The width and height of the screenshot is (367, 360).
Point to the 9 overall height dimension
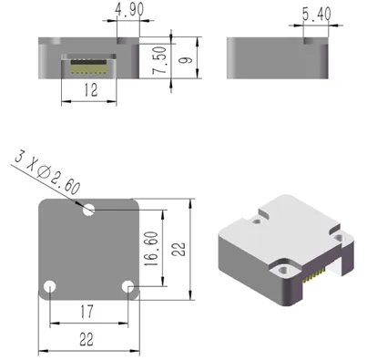click(x=186, y=62)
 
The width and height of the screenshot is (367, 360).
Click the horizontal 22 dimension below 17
click(x=88, y=339)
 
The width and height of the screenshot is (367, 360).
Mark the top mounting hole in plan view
click(x=89, y=210)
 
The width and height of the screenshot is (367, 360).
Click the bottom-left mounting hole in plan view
click(x=51, y=287)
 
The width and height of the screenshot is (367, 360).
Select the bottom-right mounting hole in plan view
click(x=129, y=287)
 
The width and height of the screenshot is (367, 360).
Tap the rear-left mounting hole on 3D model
click(x=260, y=215)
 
